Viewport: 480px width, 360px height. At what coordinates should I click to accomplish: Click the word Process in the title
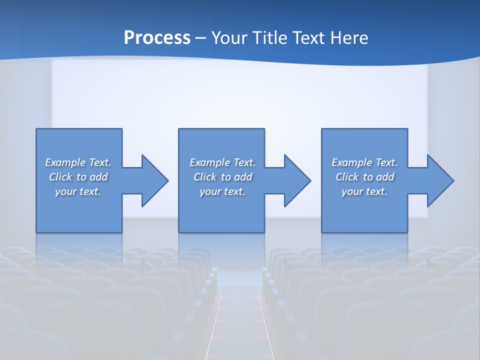(x=157, y=38)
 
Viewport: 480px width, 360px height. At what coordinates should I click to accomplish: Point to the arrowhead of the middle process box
(x=296, y=180)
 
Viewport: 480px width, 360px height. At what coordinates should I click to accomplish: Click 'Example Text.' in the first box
(x=78, y=162)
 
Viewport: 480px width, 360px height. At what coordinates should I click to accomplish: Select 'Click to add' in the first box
(x=78, y=177)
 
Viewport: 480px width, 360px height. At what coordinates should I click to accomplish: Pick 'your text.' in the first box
(x=78, y=191)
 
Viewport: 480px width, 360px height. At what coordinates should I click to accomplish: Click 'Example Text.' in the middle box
(x=222, y=162)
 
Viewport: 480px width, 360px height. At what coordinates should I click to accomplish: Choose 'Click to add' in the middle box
(x=222, y=177)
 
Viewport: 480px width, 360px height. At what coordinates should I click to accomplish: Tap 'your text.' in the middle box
(x=222, y=191)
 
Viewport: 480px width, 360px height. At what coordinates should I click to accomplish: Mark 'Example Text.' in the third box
(x=364, y=162)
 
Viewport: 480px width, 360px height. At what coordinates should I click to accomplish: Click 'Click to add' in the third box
(x=364, y=177)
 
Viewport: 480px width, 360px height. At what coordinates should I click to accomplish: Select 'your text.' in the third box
(x=364, y=191)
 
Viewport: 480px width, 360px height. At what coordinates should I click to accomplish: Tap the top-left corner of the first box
(x=37, y=129)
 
